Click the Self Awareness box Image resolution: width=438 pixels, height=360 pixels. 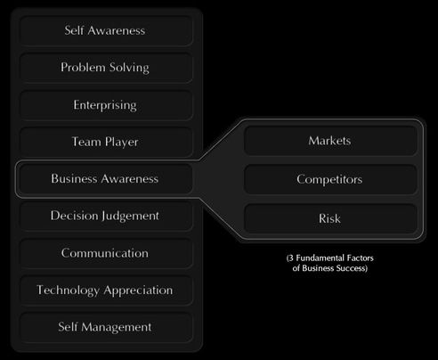click(106, 30)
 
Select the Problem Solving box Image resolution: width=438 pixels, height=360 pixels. click(106, 68)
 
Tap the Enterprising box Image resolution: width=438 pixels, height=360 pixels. click(106, 105)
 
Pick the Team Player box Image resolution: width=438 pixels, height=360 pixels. click(106, 142)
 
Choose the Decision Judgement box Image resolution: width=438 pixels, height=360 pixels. click(106, 216)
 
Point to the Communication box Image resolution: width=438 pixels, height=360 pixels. click(106, 253)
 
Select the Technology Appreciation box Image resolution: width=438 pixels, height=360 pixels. click(106, 290)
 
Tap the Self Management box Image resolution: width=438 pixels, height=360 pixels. click(106, 327)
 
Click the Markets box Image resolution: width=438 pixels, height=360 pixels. click(330, 141)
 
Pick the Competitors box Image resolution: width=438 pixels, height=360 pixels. click(330, 179)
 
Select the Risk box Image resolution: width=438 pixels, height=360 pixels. click(330, 218)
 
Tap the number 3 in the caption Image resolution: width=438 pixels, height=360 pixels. click(291, 258)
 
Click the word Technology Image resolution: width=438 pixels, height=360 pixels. click(68, 290)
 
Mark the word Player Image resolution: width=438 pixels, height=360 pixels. click(122, 143)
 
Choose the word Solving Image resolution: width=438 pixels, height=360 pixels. click(129, 68)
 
